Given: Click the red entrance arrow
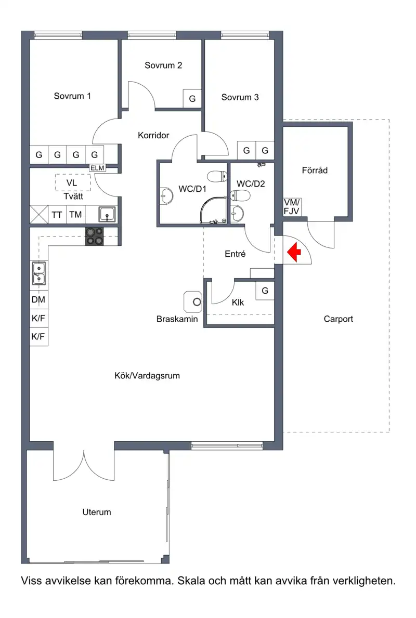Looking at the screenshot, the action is [x=294, y=252].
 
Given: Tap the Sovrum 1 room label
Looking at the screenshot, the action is [x=72, y=96].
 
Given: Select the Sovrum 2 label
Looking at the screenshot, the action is [x=163, y=65].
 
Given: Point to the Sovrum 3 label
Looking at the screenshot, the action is [x=240, y=97].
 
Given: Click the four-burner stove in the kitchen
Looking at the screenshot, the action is [x=95, y=236].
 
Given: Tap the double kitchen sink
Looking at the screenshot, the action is [x=38, y=273].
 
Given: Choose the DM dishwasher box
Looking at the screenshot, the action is [x=38, y=300].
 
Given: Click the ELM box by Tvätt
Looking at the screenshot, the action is [x=97, y=168].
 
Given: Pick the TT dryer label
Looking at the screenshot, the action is [x=57, y=215].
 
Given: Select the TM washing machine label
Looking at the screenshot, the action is [x=75, y=215].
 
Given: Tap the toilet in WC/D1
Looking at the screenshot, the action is [x=217, y=176].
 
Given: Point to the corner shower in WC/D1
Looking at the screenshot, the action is [x=213, y=211].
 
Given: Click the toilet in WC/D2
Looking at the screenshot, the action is [x=240, y=195].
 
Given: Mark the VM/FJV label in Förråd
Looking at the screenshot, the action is [x=292, y=206].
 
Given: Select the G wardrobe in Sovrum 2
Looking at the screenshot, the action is [x=192, y=99].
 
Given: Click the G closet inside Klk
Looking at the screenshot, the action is [x=265, y=291].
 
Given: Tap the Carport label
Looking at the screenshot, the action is [x=339, y=319].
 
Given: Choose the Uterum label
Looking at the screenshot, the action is [x=97, y=512].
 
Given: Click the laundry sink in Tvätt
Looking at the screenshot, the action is [x=107, y=215].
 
